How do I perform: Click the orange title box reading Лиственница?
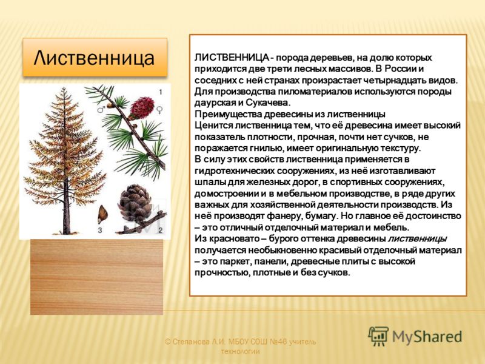point(95,57)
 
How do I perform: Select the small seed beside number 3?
point(102,214)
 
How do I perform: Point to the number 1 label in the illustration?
point(160,92)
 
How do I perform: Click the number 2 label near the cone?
point(160,231)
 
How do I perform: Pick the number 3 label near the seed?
point(100,231)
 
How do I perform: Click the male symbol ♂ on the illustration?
point(101,109)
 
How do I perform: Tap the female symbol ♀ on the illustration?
point(160,110)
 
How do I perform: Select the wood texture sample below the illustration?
point(96,277)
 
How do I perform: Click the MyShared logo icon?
point(378,336)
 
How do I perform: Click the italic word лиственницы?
point(417,238)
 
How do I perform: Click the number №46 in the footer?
point(279,342)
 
